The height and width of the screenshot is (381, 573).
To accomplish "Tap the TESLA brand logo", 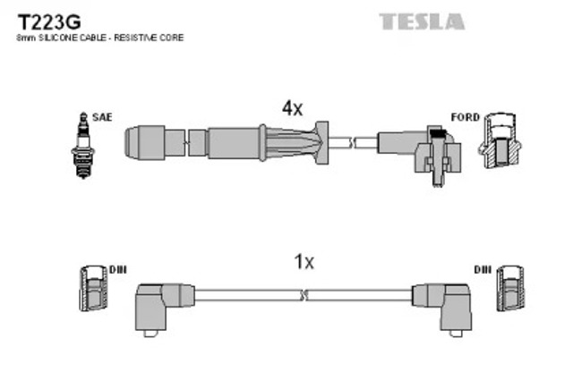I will (x=423, y=20).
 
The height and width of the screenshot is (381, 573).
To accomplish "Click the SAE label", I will (x=102, y=117).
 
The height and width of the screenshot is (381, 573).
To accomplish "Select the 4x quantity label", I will (x=293, y=108).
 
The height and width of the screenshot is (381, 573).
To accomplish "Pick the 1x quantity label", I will (x=304, y=262).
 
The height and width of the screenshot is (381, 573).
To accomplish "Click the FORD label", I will (x=466, y=117).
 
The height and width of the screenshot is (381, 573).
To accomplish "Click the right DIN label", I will (x=484, y=269).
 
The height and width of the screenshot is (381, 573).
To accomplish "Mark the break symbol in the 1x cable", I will (x=304, y=293).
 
